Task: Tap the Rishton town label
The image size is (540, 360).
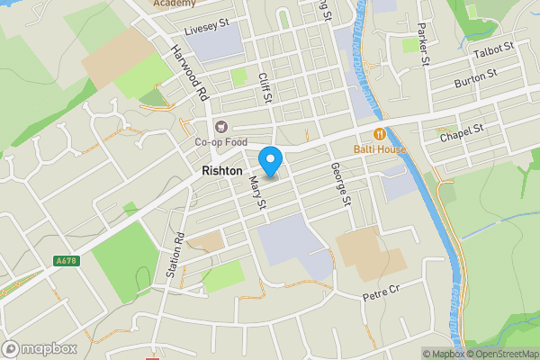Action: (x=221, y=171)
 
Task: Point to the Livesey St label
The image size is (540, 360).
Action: (x=207, y=30)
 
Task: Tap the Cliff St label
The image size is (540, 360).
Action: (x=264, y=88)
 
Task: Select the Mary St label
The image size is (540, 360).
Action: (x=256, y=193)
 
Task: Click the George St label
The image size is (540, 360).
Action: (x=338, y=184)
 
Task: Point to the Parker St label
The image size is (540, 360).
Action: (x=423, y=50)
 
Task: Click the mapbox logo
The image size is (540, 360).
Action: (x=40, y=348)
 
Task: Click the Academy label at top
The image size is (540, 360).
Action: (x=174, y=4)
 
